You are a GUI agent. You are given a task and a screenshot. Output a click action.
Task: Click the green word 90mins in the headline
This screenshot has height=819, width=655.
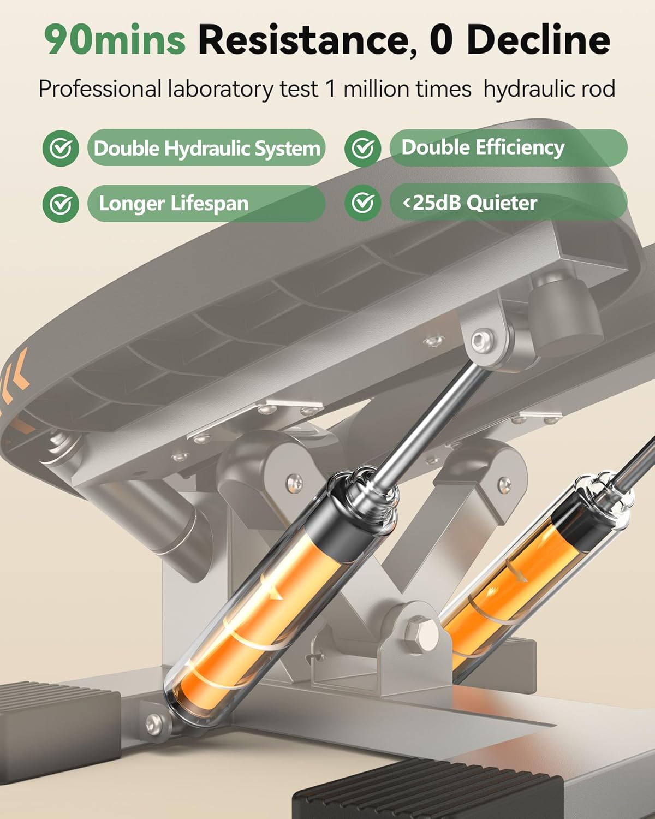click(115, 40)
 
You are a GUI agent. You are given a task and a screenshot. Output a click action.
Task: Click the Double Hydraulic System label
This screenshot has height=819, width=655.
click(207, 148)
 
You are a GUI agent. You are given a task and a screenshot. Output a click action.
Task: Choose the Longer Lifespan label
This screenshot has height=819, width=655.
click(207, 204)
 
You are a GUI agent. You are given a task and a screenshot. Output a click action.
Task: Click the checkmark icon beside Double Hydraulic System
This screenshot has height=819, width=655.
click(61, 149)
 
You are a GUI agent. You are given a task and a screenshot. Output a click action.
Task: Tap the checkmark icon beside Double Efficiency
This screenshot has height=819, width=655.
click(362, 149)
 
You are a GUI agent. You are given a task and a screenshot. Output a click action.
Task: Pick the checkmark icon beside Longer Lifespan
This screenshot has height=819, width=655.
click(61, 204)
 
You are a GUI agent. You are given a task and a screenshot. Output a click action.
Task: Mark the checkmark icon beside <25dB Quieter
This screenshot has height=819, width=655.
click(362, 203)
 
